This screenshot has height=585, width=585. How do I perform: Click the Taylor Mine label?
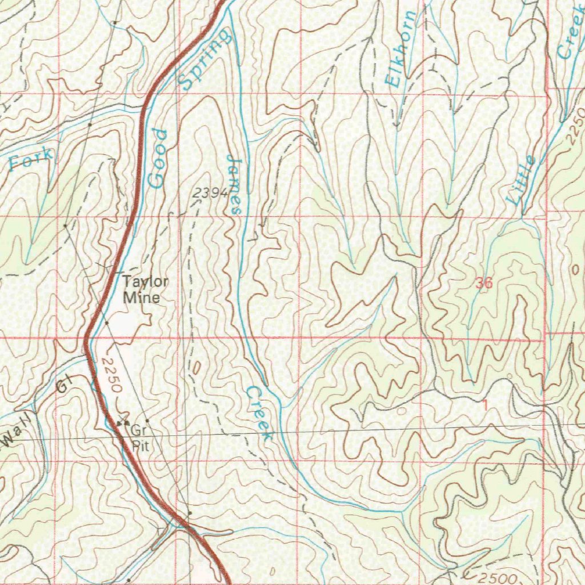click(146, 289)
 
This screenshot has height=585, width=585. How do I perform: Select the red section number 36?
click(483, 282)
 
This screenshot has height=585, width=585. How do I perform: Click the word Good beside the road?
click(158, 159)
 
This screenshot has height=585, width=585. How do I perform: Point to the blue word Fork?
click(32, 159)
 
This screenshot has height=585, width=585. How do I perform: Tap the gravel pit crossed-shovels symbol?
click(122, 423)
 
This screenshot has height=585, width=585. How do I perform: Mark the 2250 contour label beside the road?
click(110, 375)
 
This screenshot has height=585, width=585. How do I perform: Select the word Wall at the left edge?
click(17, 435)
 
